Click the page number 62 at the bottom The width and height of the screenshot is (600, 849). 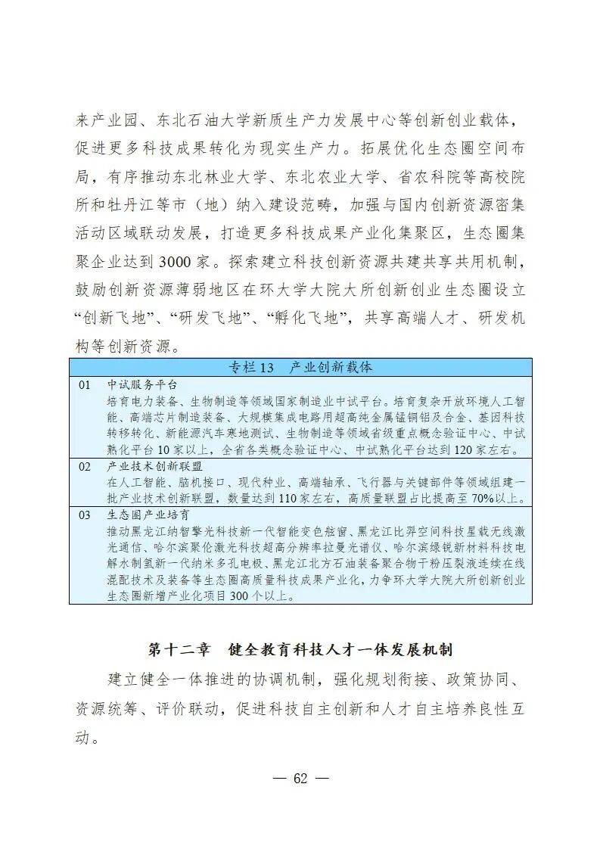point(300,779)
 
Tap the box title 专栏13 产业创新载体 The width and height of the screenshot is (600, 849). point(300,368)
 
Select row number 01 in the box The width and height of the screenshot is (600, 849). point(84,384)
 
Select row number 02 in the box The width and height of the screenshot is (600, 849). point(84,467)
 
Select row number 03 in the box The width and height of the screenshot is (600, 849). point(84,515)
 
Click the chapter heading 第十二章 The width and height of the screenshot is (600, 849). point(173,650)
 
